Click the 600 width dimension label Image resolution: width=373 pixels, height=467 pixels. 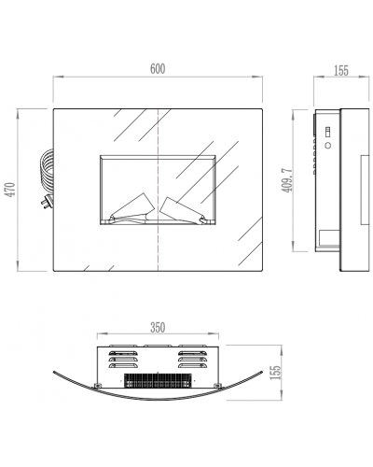click(x=158, y=69)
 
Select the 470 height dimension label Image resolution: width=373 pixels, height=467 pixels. click(x=11, y=190)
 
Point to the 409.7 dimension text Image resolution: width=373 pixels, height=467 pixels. click(x=287, y=180)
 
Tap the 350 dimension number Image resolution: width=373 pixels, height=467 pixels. click(x=158, y=328)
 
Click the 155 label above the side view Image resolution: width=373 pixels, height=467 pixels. click(x=341, y=71)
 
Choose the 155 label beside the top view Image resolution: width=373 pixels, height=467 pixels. click(x=275, y=373)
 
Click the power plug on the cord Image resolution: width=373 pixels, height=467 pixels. click(x=47, y=202)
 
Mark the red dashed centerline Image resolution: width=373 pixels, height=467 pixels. click(x=159, y=190)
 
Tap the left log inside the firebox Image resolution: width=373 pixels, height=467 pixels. click(x=132, y=207)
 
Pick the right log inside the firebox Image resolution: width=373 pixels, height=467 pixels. click(x=184, y=210)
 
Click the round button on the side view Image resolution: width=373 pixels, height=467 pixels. click(x=327, y=145)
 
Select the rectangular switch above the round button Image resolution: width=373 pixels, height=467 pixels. click(x=327, y=132)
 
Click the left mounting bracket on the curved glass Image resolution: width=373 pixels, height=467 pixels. click(x=98, y=386)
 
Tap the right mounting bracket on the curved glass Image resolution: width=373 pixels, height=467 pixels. click(x=216, y=386)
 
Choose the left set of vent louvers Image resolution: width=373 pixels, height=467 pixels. click(x=123, y=360)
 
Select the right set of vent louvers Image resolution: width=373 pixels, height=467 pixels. click(x=193, y=360)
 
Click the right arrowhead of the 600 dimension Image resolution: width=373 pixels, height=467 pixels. click(x=257, y=77)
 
